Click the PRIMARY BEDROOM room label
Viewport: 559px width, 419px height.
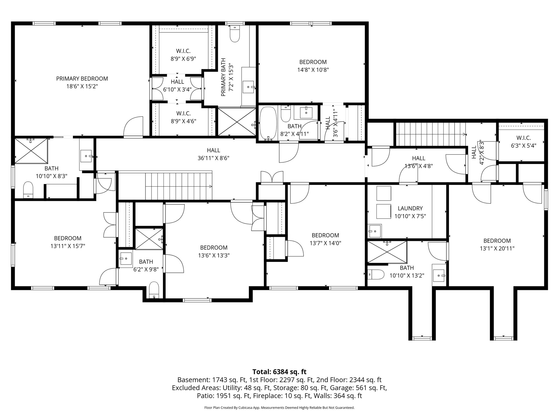tap(82, 79)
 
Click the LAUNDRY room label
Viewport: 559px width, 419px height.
tap(410, 208)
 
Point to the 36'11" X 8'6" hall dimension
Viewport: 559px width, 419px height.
tap(213, 158)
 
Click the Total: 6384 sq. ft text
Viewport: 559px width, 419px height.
tap(279, 372)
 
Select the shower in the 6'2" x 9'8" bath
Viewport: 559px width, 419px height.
tap(149, 238)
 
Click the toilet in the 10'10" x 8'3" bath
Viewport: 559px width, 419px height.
tap(28, 190)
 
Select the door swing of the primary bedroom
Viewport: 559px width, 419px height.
tap(133, 126)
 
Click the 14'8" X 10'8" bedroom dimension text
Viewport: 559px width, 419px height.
tap(313, 70)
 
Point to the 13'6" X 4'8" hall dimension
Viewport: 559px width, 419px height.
tap(418, 166)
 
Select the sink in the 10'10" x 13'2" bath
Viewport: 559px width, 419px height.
tap(439, 276)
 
